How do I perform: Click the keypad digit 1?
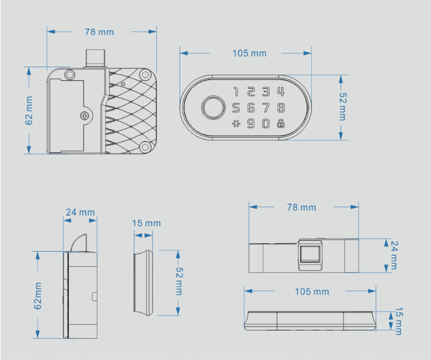[x=236, y=91]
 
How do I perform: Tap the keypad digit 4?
[x=281, y=91]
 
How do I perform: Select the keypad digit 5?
[x=236, y=108]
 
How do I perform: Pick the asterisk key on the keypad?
[x=236, y=124]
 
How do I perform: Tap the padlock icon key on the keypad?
[x=281, y=124]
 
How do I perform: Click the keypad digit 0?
[x=266, y=124]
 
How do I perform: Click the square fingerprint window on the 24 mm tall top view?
[x=310, y=254]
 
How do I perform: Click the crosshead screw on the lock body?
[x=85, y=116]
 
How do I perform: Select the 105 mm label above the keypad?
[x=249, y=53]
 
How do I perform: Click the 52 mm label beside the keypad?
[x=342, y=107]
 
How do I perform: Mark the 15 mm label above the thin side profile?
[x=146, y=223]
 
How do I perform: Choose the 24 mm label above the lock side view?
[x=80, y=212]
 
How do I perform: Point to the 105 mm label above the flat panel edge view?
[x=312, y=292]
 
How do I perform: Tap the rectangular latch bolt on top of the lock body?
[x=95, y=58]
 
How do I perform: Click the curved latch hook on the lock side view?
[x=79, y=243]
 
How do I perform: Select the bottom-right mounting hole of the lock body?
[x=145, y=147]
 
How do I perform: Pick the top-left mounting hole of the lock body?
[x=70, y=74]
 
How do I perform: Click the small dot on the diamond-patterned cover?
[x=123, y=84]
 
